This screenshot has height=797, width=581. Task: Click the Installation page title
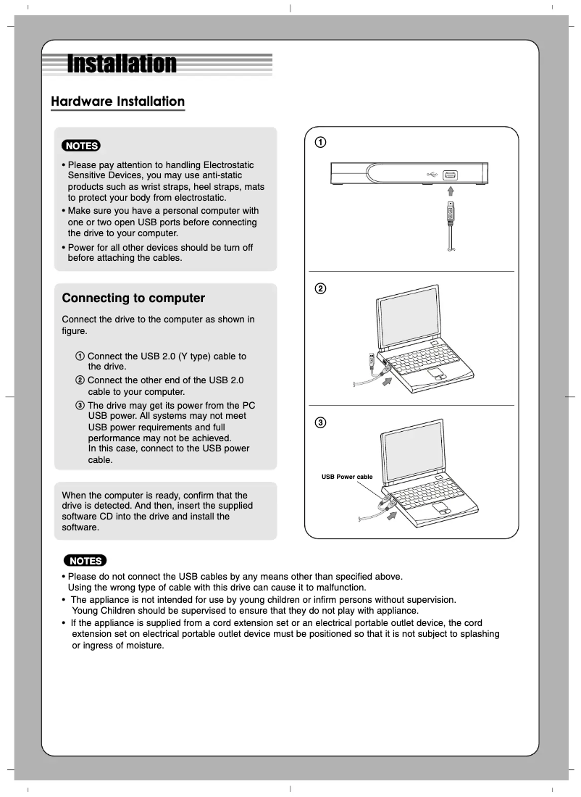pyautogui.click(x=121, y=64)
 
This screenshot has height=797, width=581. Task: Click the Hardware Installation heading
pyautogui.click(x=117, y=101)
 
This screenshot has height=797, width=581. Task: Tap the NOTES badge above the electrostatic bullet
pyautogui.click(x=81, y=146)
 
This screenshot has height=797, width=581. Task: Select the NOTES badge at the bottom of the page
pyautogui.click(x=85, y=561)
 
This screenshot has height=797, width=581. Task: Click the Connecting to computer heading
pyautogui.click(x=133, y=298)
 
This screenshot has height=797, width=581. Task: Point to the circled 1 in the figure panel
pyautogui.click(x=319, y=141)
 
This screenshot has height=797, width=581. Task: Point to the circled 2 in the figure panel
pyautogui.click(x=319, y=289)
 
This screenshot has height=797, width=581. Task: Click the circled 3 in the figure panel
pyautogui.click(x=319, y=422)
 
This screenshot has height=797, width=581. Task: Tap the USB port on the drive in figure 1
pyautogui.click(x=450, y=175)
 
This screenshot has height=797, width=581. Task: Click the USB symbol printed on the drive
pyautogui.click(x=432, y=175)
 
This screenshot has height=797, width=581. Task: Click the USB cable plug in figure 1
pyautogui.click(x=451, y=212)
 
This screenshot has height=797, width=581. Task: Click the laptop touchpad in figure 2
pyautogui.click(x=436, y=374)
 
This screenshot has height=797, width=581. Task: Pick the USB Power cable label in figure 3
pyautogui.click(x=347, y=477)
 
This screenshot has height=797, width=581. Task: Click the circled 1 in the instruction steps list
pyautogui.click(x=80, y=356)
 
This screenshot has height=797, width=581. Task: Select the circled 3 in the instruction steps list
pyautogui.click(x=80, y=405)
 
